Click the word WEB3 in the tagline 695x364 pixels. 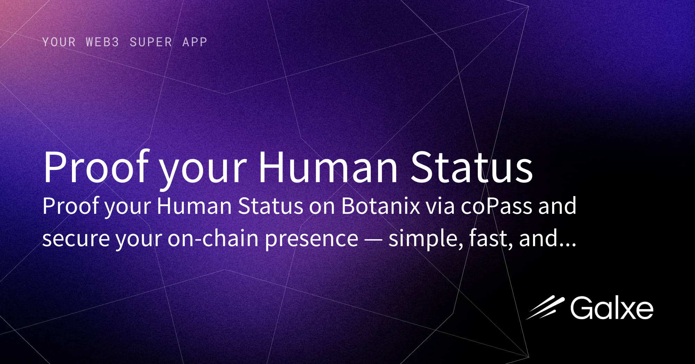click(x=102, y=42)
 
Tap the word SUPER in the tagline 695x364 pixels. click(x=151, y=42)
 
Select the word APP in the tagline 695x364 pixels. click(x=195, y=42)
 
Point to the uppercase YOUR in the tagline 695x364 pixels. click(x=59, y=42)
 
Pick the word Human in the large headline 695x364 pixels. click(x=328, y=167)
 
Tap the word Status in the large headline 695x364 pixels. click(x=472, y=167)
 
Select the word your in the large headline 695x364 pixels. click(x=203, y=170)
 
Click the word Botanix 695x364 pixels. click(x=381, y=206)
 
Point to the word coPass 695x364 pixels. click(x=496, y=206)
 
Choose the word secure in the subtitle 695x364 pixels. click(x=76, y=239)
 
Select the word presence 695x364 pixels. click(x=311, y=240)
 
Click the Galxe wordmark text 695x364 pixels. click(x=611, y=308)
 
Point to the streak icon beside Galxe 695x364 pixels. click(x=545, y=307)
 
